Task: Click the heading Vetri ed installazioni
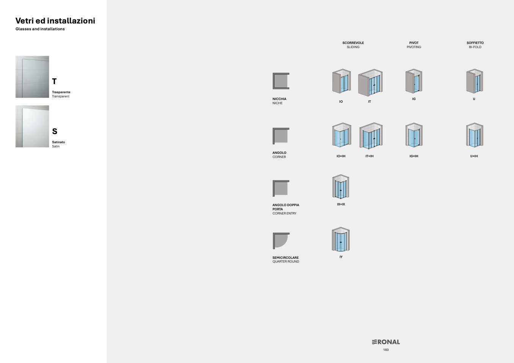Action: point(55,21)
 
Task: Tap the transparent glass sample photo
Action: point(32,77)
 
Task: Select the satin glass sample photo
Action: point(32,126)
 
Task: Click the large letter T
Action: point(54,81)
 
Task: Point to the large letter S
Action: point(55,131)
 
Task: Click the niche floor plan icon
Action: point(281,81)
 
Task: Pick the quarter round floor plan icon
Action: point(281,241)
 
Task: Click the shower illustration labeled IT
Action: point(370,83)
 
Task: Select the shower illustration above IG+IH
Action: point(414,135)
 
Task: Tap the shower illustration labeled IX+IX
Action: point(341,186)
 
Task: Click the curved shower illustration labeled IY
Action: point(341,239)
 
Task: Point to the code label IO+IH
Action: point(341,156)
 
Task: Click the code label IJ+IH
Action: point(474,156)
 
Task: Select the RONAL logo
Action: point(386,342)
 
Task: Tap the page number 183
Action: point(386,350)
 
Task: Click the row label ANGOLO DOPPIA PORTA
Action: point(286,207)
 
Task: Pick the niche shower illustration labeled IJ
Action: point(475,81)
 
